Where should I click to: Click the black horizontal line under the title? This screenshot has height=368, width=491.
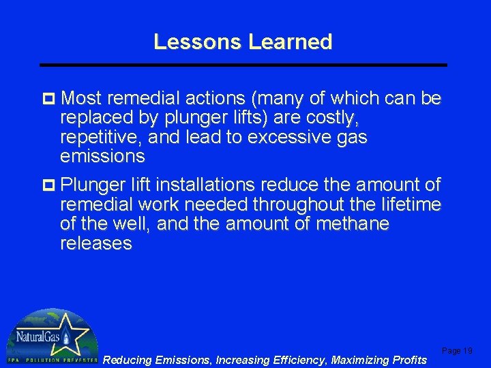point(243,65)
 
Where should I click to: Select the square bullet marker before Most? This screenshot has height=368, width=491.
point(50,99)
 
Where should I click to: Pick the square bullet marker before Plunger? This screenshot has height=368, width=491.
point(50,185)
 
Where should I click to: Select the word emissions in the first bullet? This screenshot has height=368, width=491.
point(102,157)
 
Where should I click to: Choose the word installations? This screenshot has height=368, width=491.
point(215,185)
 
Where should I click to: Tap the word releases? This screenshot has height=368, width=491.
point(96,243)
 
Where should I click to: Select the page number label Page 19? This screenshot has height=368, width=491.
point(457,350)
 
